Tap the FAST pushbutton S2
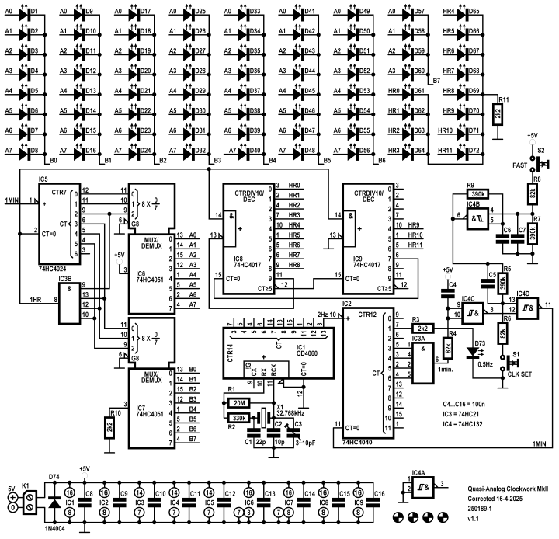pyautogui.click(x=542, y=162)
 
